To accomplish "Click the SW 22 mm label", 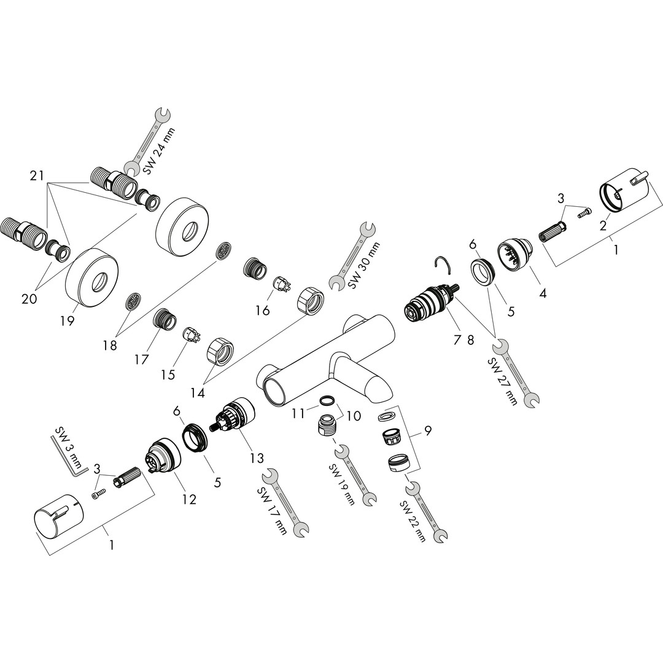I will (413, 521).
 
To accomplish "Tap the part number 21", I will (37, 176).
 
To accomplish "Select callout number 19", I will (68, 320).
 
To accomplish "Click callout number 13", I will (257, 458).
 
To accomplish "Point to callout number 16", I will (262, 311).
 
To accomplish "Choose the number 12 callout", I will (189, 500).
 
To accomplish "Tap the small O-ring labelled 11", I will (328, 401).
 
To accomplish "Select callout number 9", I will (427, 430).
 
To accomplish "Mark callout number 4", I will (543, 293).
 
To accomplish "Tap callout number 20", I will (29, 299).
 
